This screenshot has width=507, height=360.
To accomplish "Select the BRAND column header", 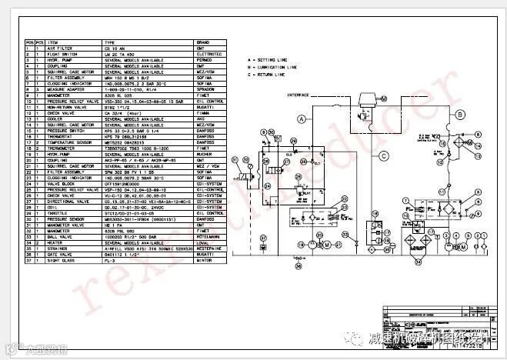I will tap(203, 42).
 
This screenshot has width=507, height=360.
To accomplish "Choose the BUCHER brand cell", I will tap(204, 154).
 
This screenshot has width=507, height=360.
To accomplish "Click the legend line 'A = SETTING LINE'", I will tap(272, 59).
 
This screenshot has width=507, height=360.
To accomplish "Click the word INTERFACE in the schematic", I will tap(298, 95).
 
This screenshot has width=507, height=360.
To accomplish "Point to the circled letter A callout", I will tap(303, 118).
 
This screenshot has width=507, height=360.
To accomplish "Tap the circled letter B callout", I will tap(459, 115).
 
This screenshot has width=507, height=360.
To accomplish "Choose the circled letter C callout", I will tap(382, 156).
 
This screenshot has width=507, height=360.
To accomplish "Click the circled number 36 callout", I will tap(299, 265).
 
